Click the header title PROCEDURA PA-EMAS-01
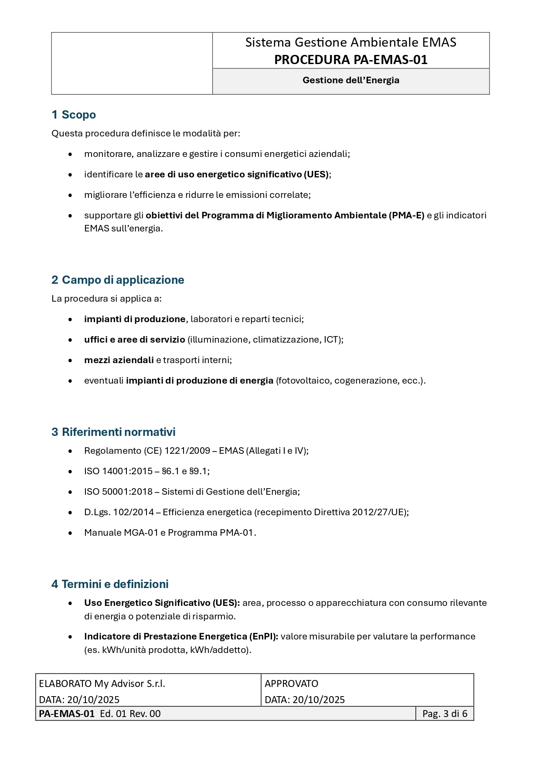coord(350,60)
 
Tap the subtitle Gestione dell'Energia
coord(350,80)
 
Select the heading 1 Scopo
coord(74,115)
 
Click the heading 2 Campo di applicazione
coord(118,280)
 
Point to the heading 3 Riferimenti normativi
coord(113,432)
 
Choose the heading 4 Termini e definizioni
coord(110,584)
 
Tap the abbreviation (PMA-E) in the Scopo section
coord(406,215)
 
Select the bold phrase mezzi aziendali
coord(119,360)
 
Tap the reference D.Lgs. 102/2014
coord(119,512)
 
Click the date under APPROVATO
coord(318,700)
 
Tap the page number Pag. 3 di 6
coord(445,714)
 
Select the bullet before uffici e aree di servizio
coord(70,340)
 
